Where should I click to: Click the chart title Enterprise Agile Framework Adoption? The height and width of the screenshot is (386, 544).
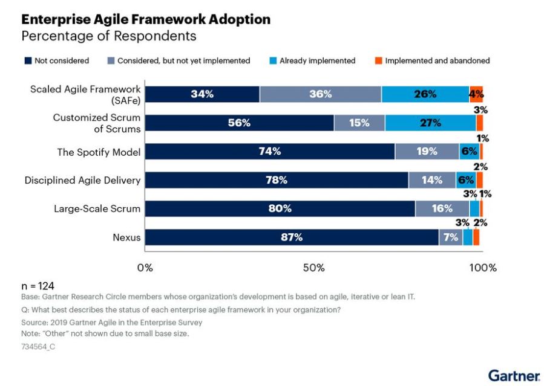pos(146,19)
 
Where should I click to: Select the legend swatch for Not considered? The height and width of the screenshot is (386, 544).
pos(28,60)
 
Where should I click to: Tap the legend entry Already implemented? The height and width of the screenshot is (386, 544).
pos(312,60)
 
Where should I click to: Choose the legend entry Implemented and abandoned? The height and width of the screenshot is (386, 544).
pos(432,60)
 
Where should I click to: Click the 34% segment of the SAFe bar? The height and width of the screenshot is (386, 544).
pos(202,94)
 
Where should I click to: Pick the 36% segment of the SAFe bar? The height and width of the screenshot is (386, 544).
pos(320,94)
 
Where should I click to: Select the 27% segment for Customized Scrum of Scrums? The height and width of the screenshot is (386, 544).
pos(430,123)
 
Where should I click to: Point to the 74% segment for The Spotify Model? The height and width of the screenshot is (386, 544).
pos(270,152)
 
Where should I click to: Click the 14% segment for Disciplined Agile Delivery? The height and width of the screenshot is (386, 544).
pos(432,180)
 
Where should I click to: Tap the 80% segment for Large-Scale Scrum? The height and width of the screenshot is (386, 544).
pos(280,208)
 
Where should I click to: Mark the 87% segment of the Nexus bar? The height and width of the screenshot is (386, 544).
pos(292,237)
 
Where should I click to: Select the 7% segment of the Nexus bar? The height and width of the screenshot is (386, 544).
pos(451,237)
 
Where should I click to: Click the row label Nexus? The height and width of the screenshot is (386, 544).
pos(126,237)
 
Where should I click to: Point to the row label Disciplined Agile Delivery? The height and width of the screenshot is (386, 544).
pos(82,180)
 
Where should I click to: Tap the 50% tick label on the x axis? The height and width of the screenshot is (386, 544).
pos(314,268)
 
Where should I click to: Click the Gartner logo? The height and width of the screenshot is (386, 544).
pos(514,376)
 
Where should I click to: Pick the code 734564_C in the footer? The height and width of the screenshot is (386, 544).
pos(38,347)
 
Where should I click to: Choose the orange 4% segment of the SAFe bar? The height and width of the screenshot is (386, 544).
pos(476,94)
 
